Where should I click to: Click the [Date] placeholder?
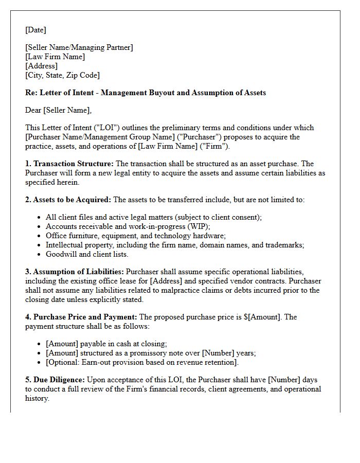tap(35, 30)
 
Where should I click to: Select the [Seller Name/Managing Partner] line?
tap(79, 47)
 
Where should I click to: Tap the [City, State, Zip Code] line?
tap(62, 75)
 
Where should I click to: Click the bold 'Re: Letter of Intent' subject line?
tap(146, 93)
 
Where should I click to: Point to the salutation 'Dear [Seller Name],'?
tap(58, 110)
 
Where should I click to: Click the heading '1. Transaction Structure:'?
tap(69, 164)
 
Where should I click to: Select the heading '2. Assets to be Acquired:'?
tap(68, 200)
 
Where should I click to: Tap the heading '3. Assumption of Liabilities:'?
tap(75, 272)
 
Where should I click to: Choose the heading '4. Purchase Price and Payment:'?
tap(81, 317)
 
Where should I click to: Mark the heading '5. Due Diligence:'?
tap(55, 380)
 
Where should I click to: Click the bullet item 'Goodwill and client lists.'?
tap(87, 254)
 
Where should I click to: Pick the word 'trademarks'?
tap(285, 245)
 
